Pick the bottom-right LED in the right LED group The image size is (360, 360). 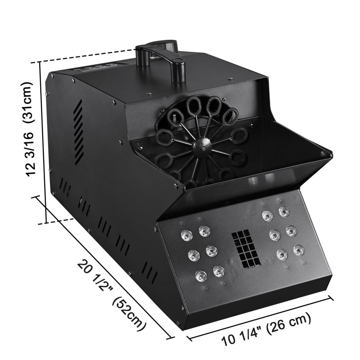pos(298,249)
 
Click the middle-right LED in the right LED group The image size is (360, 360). pos(291,230)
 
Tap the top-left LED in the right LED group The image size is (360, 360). pos(267,216)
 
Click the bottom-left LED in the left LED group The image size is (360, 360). pos(200,275)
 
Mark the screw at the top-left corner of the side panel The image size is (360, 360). pos(53,76)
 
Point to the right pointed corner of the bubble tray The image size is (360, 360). pos(330,154)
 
